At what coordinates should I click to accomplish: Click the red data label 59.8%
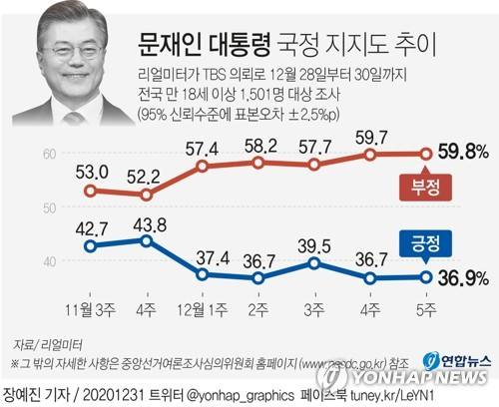pos(458,154)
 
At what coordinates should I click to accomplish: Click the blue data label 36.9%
pos(458,278)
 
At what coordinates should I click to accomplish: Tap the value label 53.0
pos(91,171)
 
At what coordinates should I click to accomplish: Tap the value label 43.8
pos(147,222)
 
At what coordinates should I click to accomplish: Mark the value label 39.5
pos(314,244)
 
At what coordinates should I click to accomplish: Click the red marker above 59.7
pos(370,155)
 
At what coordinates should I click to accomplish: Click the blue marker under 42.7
pos(91,246)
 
